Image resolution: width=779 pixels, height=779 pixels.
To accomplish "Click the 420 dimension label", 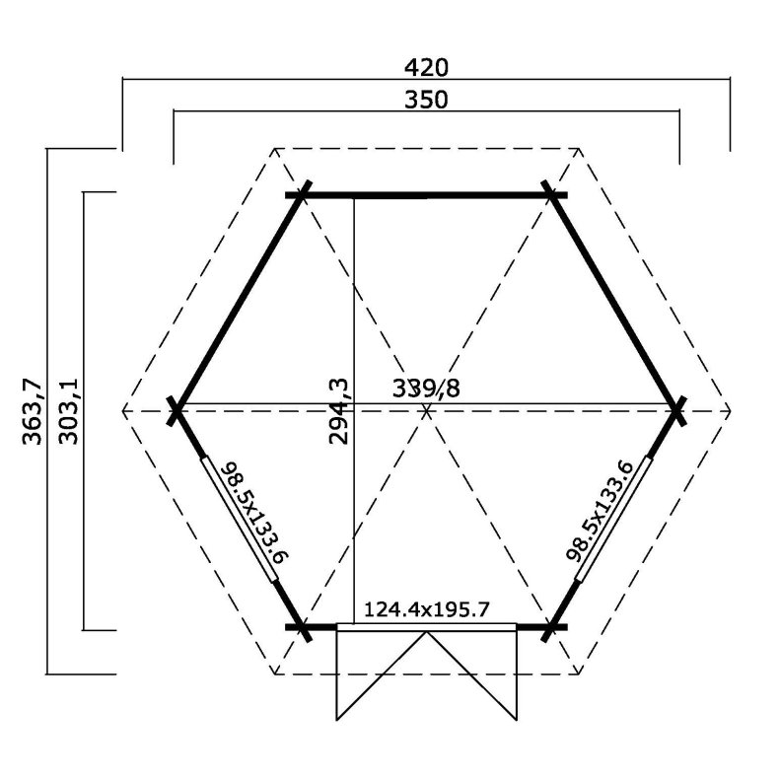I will click(426, 67).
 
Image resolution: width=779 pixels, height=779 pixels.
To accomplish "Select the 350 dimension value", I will click(426, 100).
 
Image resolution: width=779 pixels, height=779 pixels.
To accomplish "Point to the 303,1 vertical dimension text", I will click(68, 410).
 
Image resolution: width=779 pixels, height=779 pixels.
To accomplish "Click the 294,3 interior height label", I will click(339, 410).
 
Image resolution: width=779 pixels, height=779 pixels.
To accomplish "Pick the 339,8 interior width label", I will click(426, 387).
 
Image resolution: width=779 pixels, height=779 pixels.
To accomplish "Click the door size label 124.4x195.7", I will click(426, 609).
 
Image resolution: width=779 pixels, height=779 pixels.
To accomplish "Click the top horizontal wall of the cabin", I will click(426, 196).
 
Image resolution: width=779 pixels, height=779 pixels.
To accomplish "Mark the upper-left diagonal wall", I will click(238, 302).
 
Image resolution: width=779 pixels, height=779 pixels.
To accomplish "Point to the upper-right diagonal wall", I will click(616, 302).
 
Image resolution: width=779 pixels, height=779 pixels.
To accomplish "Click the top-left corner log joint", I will click(301, 195).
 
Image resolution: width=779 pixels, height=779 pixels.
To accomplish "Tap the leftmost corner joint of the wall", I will click(177, 409).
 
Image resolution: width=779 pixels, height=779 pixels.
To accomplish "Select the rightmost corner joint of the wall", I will click(677, 409).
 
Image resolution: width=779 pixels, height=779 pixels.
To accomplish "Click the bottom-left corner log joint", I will click(302, 626).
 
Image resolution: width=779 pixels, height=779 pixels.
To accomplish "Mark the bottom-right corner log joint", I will click(553, 626).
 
